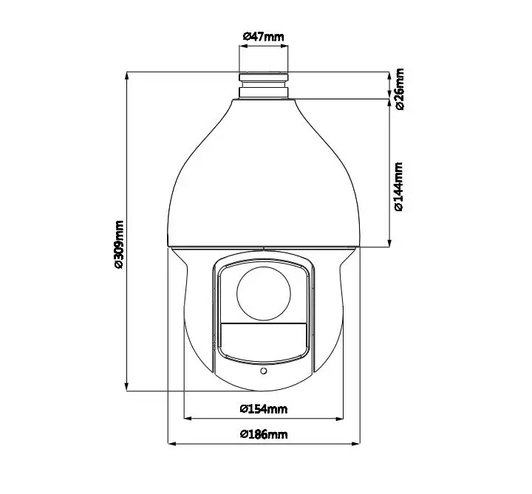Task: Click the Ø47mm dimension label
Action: coord(263,36)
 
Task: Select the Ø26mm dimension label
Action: coord(400,89)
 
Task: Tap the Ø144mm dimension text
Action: coord(399,187)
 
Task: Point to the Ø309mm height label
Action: coord(119,245)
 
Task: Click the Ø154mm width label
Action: coord(264,409)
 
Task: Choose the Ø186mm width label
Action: coord(264,434)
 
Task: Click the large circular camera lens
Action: coord(264,293)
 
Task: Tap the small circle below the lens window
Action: coord(263,371)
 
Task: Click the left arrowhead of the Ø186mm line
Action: coord(172,443)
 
